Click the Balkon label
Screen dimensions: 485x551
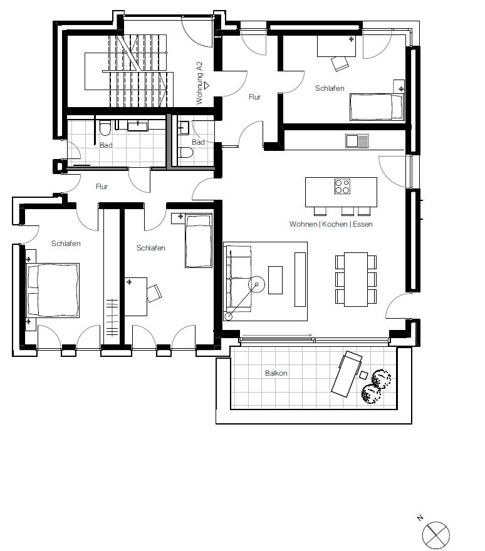(276, 373)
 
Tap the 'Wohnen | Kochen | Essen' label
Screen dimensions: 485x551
(331, 224)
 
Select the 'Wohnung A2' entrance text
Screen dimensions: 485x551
(199, 83)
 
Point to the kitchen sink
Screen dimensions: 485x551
(357, 141)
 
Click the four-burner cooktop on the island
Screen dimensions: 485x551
(342, 187)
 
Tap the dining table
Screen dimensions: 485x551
(356, 279)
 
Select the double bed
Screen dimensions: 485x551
(53, 291)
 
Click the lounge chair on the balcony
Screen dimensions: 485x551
(347, 374)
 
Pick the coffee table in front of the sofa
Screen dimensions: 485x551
(275, 280)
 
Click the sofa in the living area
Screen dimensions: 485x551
(238, 279)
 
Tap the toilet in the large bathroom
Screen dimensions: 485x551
(105, 128)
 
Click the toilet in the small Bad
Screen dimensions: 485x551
(185, 153)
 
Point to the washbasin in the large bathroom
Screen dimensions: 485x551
(137, 125)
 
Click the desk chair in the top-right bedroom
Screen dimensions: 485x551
(340, 64)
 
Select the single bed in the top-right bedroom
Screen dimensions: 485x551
(376, 107)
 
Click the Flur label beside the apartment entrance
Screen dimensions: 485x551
(254, 97)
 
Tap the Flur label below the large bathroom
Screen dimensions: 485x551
(102, 187)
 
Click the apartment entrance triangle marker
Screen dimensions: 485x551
(207, 85)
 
